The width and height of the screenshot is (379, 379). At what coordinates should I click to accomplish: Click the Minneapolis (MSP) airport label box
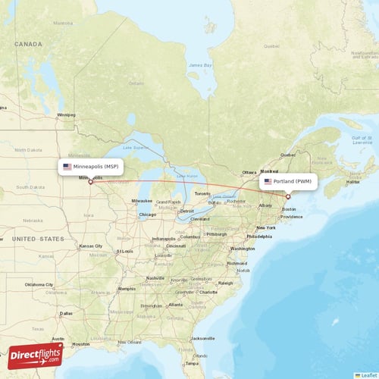pos(90,166)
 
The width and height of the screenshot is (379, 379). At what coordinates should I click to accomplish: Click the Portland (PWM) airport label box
pos(288,182)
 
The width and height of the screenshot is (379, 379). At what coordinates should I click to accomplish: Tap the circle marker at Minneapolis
pos(90,181)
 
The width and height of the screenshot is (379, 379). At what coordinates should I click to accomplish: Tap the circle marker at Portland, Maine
pos(288,196)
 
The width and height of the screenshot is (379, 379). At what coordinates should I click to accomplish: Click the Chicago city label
pos(148,215)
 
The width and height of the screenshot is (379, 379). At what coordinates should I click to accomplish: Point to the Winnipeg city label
pos(66,115)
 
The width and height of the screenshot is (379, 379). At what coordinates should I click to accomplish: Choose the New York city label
pos(266,227)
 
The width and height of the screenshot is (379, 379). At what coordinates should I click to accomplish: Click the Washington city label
pos(243,249)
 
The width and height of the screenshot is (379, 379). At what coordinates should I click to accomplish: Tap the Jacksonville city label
pos(206,338)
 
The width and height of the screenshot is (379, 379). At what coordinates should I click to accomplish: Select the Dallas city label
pos(66,312)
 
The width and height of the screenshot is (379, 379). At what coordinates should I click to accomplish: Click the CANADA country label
pos(28,45)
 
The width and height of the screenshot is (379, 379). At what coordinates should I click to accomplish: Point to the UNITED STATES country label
pos(37,239)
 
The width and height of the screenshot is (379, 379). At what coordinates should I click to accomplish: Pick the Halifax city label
pos(352,182)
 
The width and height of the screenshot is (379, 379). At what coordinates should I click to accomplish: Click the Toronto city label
pos(202,194)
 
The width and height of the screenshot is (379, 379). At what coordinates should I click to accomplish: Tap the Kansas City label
pos(90,246)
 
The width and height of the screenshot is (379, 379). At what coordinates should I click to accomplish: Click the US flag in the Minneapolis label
pos(67,166)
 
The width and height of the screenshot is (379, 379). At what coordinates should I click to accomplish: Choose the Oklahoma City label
pos(39,284)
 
